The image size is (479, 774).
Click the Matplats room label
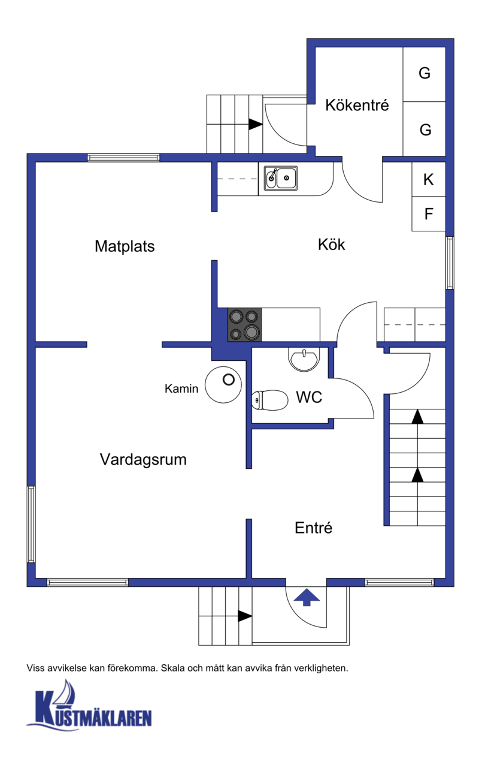tap(125, 247)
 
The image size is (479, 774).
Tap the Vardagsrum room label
tap(143, 460)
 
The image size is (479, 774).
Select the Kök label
tap(331, 245)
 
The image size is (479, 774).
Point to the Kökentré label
tap(357, 105)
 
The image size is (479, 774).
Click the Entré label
tap(313, 528)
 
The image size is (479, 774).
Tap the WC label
tap(309, 397)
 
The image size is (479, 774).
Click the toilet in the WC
tap(270, 400)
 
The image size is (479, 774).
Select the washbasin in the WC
tap(304, 360)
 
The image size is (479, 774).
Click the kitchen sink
tap(281, 178)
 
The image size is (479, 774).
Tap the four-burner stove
tap(244, 325)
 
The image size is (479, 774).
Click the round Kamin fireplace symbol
tap(223, 384)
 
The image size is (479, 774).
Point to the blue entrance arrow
tap(307, 598)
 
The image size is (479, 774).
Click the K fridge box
tap(429, 179)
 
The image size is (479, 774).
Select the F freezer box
tap(429, 214)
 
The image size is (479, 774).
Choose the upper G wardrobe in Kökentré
tap(424, 74)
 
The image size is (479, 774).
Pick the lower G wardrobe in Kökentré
tap(424, 128)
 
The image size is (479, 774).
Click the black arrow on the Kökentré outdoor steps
tap(256, 124)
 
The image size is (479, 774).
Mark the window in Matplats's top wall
tap(123, 158)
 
